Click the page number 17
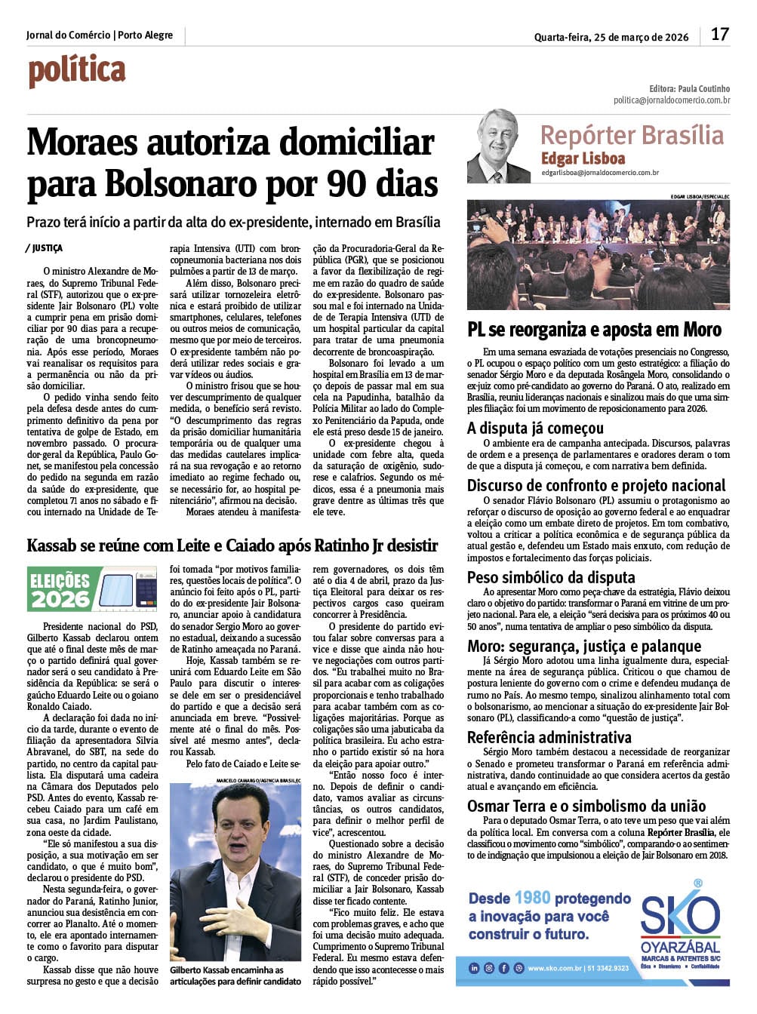point(719,35)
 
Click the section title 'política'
point(77,72)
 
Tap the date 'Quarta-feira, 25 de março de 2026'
point(611,37)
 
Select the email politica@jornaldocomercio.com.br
point(671,100)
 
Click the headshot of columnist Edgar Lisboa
point(499,146)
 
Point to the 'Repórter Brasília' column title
point(632,135)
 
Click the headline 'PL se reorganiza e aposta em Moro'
point(594,330)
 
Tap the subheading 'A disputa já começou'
point(535,428)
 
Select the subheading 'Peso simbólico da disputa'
point(551,577)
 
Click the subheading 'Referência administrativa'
point(549,737)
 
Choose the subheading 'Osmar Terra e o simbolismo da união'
point(586,806)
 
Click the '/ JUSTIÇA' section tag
point(44,248)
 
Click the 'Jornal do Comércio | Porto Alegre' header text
point(100,35)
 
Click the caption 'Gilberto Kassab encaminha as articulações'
point(234,976)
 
